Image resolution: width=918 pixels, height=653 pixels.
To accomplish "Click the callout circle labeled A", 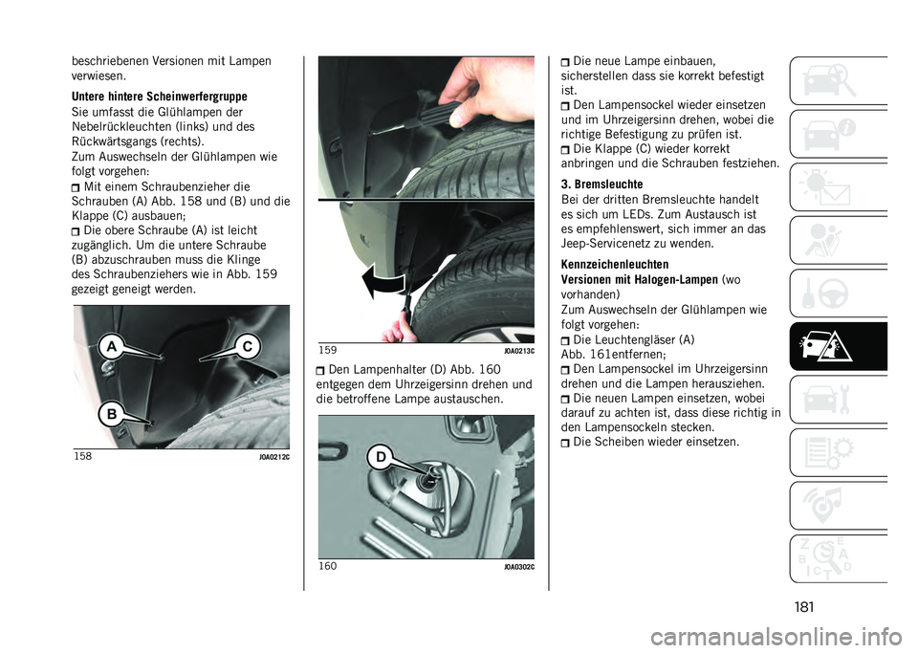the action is coord(111,348).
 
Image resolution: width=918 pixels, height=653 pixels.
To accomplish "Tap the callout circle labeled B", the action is coord(111,415).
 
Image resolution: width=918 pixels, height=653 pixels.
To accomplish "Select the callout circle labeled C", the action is coord(248,347).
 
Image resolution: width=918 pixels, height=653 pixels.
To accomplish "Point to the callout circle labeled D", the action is coord(381,457).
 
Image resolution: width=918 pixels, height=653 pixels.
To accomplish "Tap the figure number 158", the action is coord(82,455).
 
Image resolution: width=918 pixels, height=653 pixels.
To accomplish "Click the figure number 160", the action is coord(328,566).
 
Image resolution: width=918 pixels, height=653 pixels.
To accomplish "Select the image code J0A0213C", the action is coord(519,351).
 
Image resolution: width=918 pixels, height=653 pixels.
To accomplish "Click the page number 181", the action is coord(804,607).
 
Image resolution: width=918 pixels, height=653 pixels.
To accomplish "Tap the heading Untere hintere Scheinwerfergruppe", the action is coord(160,97).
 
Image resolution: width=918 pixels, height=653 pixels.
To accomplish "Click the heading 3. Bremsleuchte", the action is coord(601,185).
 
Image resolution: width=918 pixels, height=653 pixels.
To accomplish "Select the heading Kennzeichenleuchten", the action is coord(606,265).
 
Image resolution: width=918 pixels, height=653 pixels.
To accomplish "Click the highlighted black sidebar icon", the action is coord(838,346).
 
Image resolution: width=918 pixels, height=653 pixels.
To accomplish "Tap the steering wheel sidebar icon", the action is coord(838,294).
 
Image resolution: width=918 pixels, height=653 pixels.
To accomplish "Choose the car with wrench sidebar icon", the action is coord(838,400).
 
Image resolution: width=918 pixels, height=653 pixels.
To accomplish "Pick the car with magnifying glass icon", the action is coord(838,80).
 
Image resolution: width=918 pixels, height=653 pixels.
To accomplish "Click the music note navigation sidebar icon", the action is coord(838,506).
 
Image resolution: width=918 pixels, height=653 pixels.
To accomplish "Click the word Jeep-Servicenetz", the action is coord(611,244).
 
